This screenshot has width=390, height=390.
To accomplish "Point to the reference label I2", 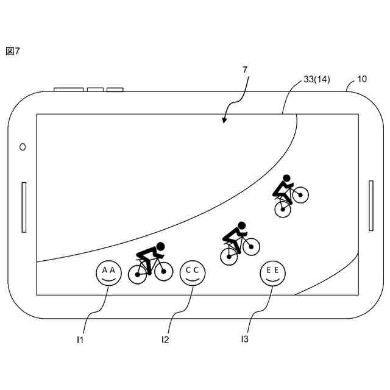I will tap(165, 339).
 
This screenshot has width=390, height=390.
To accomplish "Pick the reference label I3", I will tap(244, 338).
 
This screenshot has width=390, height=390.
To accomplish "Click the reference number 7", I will tap(245, 70).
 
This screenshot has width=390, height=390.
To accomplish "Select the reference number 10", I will tap(362, 79).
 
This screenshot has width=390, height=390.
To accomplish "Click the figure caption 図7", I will tap(13, 51).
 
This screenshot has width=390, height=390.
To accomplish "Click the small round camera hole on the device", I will tap(23, 147).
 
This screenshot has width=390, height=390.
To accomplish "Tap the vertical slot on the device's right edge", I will tap(370, 205).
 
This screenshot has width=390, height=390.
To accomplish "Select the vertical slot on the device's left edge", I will tap(24, 207).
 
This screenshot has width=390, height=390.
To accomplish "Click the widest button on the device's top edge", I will tap(68, 90).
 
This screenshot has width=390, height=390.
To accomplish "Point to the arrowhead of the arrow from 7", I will tap(224, 121).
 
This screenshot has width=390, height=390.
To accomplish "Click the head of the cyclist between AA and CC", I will tap(160, 246).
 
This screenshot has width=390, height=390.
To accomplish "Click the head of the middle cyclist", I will tap(241, 225).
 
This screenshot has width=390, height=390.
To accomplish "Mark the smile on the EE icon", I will tap(272, 278).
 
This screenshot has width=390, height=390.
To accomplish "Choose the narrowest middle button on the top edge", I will tap(95, 90).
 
